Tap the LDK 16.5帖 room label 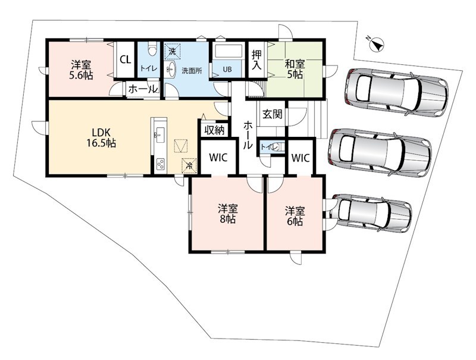[x=101, y=138]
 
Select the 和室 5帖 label [x=295, y=69]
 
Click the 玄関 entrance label [x=273, y=114]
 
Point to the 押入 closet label [x=256, y=60]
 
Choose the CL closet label [x=126, y=60]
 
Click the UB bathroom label [x=227, y=69]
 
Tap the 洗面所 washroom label [x=192, y=71]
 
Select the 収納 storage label [x=214, y=130]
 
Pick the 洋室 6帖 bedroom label [x=295, y=216]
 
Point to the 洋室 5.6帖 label [x=81, y=70]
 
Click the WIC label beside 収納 [x=218, y=158]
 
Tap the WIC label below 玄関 [x=300, y=158]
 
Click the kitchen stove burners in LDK [x=160, y=164]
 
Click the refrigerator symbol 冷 [x=189, y=166]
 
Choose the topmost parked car [x=396, y=92]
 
